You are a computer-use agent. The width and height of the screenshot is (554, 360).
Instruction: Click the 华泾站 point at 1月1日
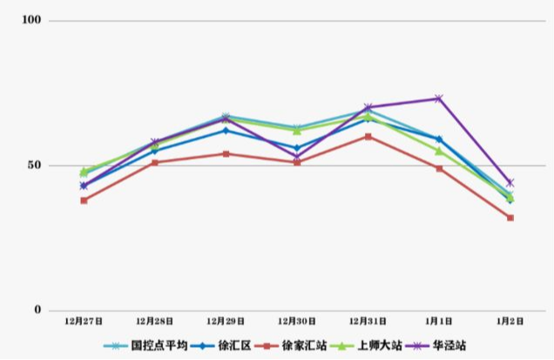(439, 98)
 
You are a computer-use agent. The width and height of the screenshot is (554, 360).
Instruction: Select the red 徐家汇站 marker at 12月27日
(84, 200)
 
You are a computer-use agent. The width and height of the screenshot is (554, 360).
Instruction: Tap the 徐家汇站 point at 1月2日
(510, 218)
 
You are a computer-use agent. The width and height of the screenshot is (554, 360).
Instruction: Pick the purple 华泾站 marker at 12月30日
(297, 158)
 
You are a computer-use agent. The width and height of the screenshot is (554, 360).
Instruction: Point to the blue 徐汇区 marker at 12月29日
(226, 131)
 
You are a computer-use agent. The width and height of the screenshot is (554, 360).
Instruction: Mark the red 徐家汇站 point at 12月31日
(368, 136)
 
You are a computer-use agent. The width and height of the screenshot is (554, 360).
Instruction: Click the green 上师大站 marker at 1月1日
(439, 151)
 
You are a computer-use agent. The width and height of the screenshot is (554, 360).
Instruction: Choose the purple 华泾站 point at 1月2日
(510, 183)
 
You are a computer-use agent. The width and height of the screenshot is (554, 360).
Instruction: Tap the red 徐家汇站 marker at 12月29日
(226, 153)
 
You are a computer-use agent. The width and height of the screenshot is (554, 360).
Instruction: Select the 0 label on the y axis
(37, 309)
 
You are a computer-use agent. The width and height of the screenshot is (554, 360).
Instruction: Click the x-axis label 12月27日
(84, 321)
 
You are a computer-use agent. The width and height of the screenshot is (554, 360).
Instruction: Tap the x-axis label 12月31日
(368, 321)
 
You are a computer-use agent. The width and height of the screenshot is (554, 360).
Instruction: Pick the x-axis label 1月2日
(510, 321)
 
